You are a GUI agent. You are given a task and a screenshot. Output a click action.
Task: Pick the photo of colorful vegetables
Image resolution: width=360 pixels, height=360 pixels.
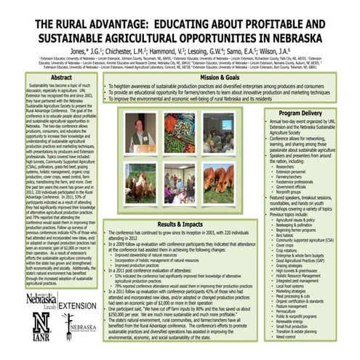click(178, 132)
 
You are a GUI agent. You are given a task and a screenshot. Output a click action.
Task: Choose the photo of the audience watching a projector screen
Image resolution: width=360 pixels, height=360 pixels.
click(220, 132)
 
